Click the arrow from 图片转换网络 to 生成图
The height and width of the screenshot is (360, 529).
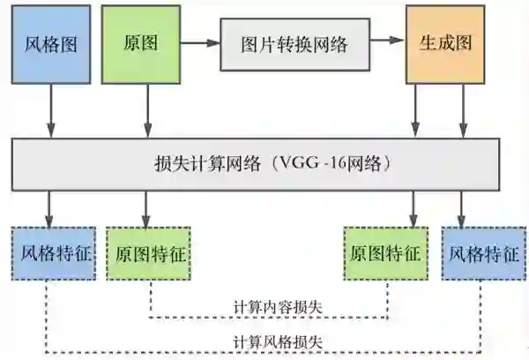click(x=385, y=41)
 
